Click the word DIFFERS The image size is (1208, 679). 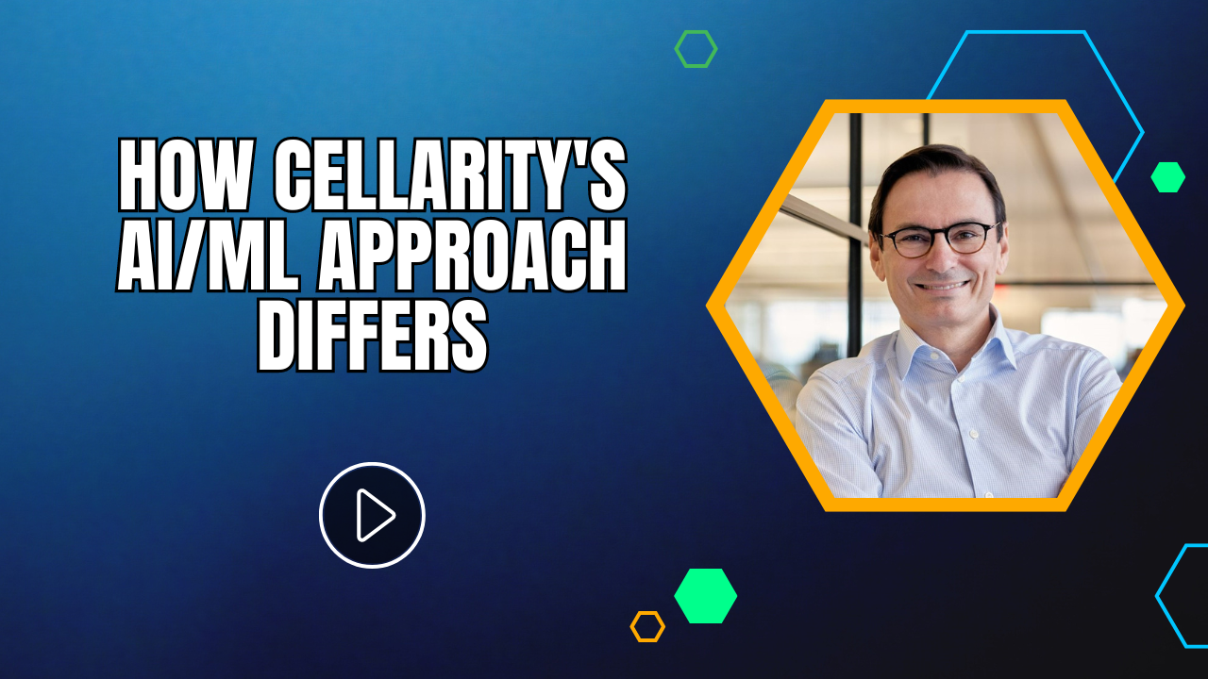click(373, 338)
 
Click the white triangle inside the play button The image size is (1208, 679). click(375, 515)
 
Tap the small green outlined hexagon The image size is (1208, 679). click(696, 49)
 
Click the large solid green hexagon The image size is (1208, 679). click(705, 596)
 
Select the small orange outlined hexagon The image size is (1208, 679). click(647, 626)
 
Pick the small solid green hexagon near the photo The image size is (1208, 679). click(1167, 177)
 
